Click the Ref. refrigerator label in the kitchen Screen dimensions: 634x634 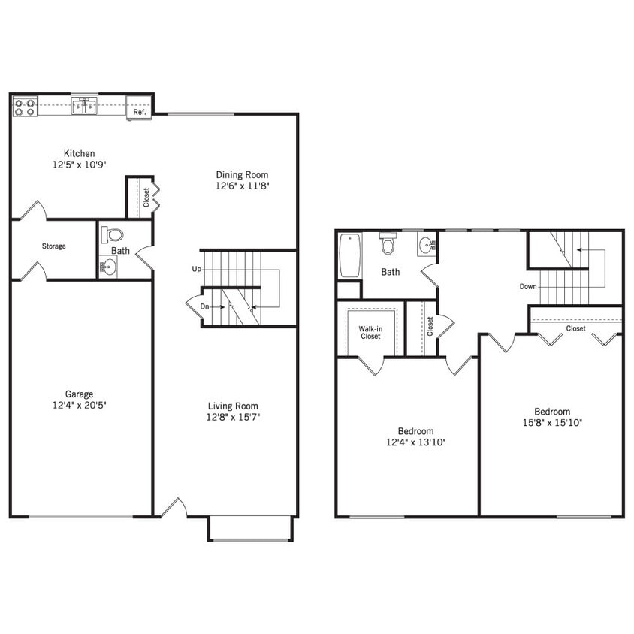[x=139, y=112]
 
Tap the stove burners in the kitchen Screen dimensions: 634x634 [x=25, y=107]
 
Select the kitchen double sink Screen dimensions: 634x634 [x=83, y=107]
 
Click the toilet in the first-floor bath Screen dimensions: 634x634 [x=113, y=234]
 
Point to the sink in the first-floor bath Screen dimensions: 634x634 [x=109, y=266]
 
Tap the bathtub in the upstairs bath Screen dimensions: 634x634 [x=349, y=255]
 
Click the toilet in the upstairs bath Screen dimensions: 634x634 [x=388, y=243]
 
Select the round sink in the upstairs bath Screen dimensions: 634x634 [x=427, y=244]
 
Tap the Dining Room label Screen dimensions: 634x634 [x=242, y=175]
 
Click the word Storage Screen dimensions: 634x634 [x=53, y=246]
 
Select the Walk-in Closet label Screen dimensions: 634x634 [x=369, y=332]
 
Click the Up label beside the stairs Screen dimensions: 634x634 [x=196, y=268]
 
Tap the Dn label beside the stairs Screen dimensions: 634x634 [x=204, y=306]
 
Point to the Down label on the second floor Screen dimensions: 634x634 [x=528, y=286]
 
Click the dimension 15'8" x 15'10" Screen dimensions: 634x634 [x=552, y=422]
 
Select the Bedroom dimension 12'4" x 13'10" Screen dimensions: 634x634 [x=415, y=442]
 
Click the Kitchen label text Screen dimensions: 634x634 [x=79, y=154]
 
